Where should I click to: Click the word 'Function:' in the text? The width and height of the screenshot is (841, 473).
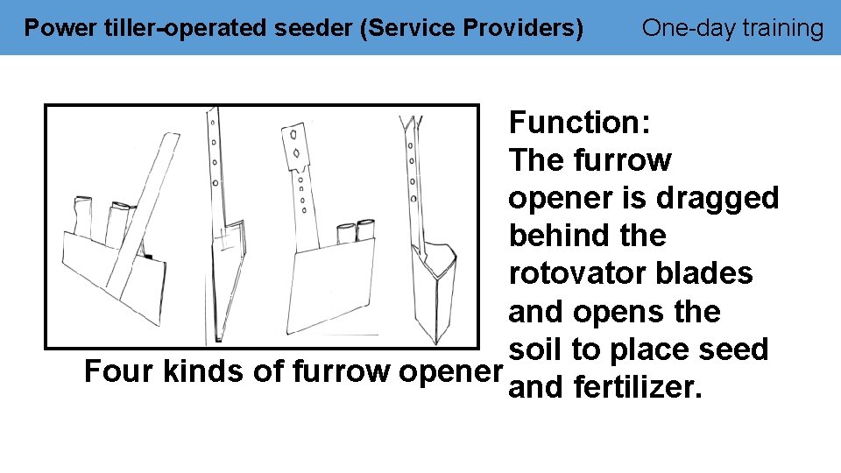point(579,122)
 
